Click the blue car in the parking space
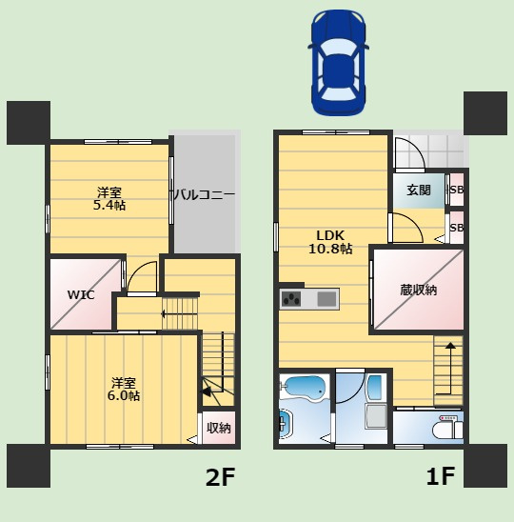338,63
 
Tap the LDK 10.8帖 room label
330,242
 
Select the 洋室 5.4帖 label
109,199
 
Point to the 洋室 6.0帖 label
124,389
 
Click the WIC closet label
81,295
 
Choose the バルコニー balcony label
205,194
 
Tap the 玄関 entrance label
419,191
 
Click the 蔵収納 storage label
418,291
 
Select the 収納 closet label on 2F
219,428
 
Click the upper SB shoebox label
457,190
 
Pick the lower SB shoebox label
457,228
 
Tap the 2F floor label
220,477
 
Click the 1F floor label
441,476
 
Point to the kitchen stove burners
291,299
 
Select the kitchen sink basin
326,299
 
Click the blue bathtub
303,389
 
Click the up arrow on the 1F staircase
451,369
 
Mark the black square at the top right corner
485,113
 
